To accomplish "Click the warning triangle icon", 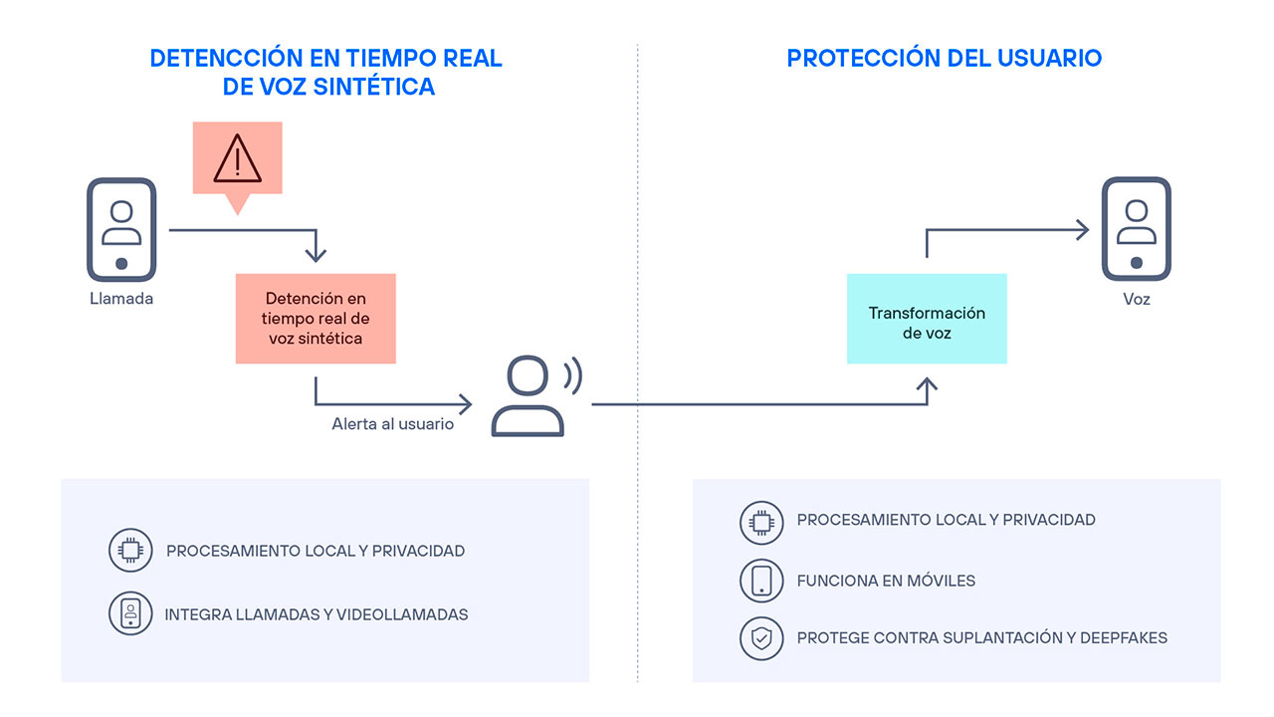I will click(x=237, y=158).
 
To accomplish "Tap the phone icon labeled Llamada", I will click(x=121, y=229).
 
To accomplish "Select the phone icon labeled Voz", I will click(x=1136, y=229).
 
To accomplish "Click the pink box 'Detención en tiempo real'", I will click(x=316, y=319).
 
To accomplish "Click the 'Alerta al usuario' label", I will click(x=392, y=424).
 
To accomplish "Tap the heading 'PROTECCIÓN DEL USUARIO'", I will click(x=944, y=58).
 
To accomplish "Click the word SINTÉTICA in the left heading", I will click(x=373, y=87).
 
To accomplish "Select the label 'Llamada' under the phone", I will click(x=121, y=298).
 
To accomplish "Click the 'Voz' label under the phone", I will click(x=1136, y=298).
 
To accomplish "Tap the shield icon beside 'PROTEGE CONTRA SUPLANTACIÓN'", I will click(x=761, y=638).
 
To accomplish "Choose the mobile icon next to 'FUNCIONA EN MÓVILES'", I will click(x=761, y=581).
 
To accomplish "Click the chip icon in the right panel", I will click(x=761, y=522).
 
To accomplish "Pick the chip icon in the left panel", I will click(x=130, y=551).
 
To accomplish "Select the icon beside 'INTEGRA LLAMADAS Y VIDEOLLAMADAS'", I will click(x=130, y=614).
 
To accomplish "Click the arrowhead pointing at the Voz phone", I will click(x=1084, y=231).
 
